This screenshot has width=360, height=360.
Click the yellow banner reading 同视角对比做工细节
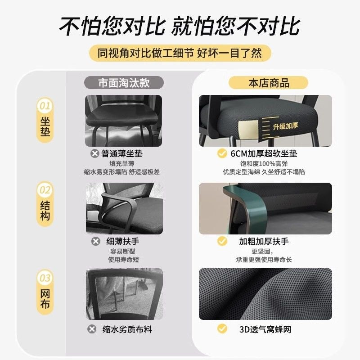(180, 53)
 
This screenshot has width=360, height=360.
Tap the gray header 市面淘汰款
(124, 83)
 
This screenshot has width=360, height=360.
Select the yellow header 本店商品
(268, 83)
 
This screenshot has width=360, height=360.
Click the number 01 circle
(45, 106)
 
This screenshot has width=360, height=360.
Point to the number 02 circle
(45, 189)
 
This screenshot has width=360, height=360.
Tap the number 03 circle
(45, 278)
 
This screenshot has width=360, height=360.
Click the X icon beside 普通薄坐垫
(94, 153)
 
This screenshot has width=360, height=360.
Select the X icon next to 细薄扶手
(96, 241)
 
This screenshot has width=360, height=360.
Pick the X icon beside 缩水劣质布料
(92, 329)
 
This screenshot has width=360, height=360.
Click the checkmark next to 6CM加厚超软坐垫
(222, 153)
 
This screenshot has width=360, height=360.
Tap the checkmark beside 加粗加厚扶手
(222, 241)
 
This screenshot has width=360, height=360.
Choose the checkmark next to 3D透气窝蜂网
(222, 328)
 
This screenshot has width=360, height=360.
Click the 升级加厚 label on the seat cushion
(285, 126)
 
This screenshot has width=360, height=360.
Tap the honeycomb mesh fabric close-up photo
(265, 294)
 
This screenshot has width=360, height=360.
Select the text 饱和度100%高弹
(264, 163)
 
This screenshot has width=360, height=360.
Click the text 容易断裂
(123, 251)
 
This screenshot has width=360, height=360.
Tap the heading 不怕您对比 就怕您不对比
(180, 26)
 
